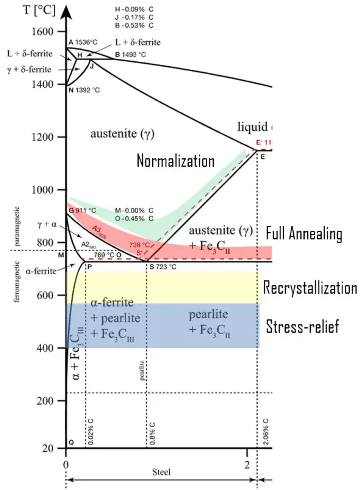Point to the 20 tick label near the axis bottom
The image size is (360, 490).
coord(49,448)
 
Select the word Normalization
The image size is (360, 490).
coord(175,161)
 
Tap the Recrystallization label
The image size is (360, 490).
coord(310,288)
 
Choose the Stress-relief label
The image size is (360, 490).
coord(302,326)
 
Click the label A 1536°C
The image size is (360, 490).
coord(83,42)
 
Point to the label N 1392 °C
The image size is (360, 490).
coord(84,91)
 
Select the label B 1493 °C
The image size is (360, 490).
coord(131,55)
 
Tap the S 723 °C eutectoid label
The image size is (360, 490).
coord(163,267)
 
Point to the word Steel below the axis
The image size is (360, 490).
coord(161,472)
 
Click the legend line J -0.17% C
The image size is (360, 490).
coord(135,17)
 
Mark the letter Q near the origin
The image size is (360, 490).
coord(70,442)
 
